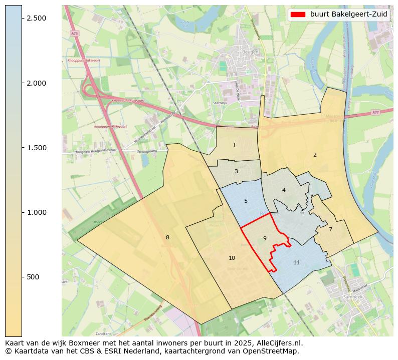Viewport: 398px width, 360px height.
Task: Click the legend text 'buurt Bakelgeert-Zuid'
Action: point(348,15)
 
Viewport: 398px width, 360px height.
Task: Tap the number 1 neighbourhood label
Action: point(234,145)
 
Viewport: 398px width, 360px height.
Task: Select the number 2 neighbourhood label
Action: point(315,155)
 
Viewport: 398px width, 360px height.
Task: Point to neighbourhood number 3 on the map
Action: point(236,171)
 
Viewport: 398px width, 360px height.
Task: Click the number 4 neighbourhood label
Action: point(284,190)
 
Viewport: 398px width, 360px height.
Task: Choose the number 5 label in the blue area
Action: point(246,201)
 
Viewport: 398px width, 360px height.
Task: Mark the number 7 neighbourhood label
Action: point(330,229)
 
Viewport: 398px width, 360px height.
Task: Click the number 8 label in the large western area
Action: point(167,237)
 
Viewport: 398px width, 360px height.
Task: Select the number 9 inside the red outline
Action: point(265,238)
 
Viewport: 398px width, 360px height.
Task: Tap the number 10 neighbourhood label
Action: point(232,258)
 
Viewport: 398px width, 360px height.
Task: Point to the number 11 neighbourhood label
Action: point(296,262)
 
